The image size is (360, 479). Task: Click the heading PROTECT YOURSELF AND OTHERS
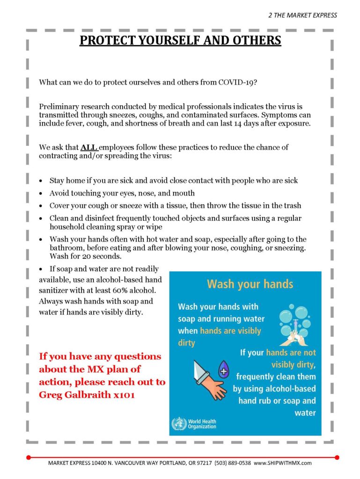click(x=180, y=40)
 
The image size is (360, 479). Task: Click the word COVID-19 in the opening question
click(x=237, y=82)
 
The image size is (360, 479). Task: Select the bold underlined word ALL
click(x=89, y=147)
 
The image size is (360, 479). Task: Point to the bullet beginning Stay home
click(x=173, y=180)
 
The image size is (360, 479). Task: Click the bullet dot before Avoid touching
click(x=42, y=193)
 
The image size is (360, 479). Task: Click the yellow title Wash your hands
click(x=250, y=284)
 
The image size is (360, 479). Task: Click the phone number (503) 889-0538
click(x=233, y=463)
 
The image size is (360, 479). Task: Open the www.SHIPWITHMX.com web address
click(x=283, y=463)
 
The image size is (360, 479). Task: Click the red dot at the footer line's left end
click(x=29, y=457)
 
